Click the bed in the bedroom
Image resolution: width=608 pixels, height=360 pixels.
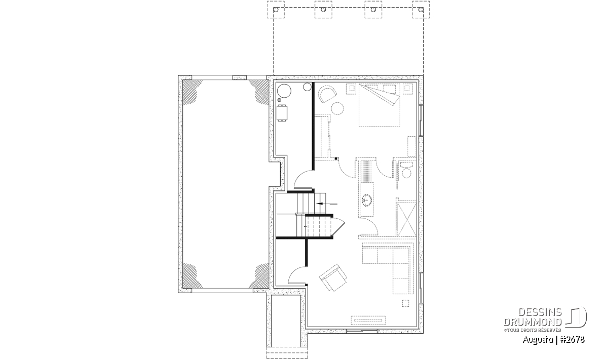tap(379, 105)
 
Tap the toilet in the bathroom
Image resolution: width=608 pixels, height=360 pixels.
tap(406, 170)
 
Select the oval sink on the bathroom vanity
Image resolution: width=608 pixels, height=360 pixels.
tap(367, 200)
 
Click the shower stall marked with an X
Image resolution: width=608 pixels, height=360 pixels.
tap(406, 218)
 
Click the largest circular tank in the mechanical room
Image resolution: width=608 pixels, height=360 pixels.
tap(284, 91)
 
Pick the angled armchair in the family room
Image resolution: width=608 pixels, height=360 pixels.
tap(333, 277)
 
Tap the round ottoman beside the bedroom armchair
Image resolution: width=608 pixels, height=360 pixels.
tap(337, 108)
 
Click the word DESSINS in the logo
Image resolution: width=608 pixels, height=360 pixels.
tap(540, 312)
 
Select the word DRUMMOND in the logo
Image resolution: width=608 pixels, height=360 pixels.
tap(533, 322)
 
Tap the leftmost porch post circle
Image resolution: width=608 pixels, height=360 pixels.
tap(276, 10)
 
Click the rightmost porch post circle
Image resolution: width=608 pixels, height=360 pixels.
tap(421, 10)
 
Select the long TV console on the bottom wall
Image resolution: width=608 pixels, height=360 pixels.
tap(368, 320)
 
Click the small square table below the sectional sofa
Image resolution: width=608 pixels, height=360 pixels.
tap(405, 303)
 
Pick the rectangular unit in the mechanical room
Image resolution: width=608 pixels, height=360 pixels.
tap(282, 113)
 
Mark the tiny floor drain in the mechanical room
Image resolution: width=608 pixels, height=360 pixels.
tap(279, 100)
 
